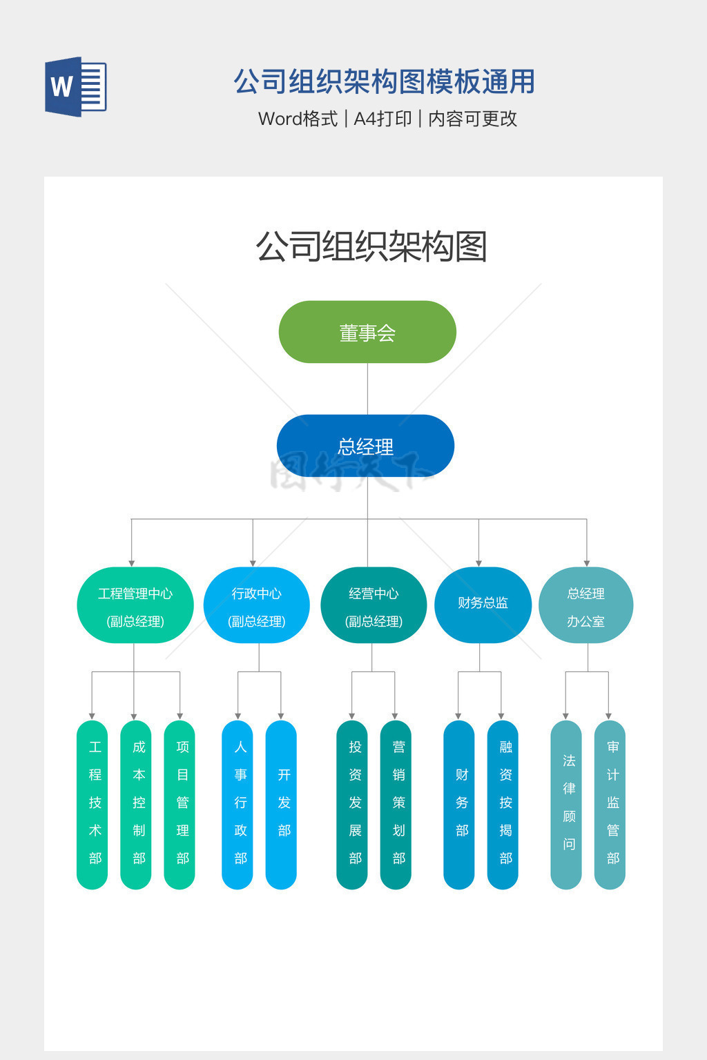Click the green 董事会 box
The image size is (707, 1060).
click(367, 332)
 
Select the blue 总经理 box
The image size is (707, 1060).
click(365, 446)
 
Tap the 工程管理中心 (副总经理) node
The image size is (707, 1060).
click(135, 605)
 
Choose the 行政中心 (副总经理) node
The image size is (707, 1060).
click(256, 605)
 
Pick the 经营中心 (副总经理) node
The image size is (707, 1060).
click(374, 605)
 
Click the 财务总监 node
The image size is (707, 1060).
click(483, 604)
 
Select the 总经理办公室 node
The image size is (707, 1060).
click(585, 605)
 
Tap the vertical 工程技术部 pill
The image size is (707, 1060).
click(93, 805)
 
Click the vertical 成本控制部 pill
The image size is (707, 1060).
click(136, 805)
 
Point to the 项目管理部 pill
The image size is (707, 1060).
click(180, 805)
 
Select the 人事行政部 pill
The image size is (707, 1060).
click(238, 805)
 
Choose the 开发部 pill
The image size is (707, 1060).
click(281, 805)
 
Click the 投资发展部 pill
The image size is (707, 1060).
click(352, 805)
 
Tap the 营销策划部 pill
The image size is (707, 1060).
click(396, 805)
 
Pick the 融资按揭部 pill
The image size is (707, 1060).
click(503, 805)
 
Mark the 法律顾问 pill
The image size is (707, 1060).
click(566, 805)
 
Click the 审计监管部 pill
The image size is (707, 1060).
click(610, 805)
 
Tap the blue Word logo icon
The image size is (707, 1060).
click(76, 87)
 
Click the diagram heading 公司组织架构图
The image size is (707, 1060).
click(371, 246)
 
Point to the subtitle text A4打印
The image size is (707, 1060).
click(382, 119)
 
